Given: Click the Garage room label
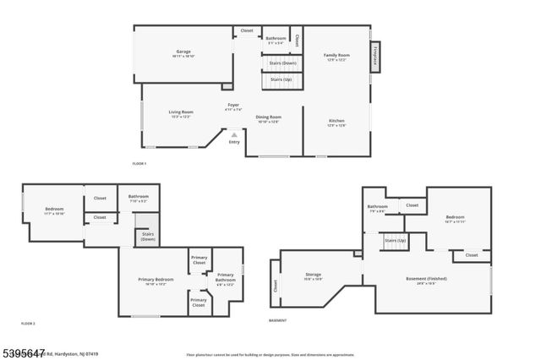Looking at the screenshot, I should pos(183,52).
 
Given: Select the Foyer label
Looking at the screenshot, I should pos(233,106).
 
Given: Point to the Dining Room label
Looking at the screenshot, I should pos(268,117).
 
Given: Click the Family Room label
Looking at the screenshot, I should pos(336,56).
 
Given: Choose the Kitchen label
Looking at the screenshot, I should pos(336,122).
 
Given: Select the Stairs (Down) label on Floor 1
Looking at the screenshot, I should pos(282,63).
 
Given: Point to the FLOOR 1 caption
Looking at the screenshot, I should pos(139,163).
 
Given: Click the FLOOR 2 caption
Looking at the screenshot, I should pos(28,324).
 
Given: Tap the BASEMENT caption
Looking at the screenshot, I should pos(277,321).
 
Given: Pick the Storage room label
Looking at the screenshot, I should pos(313,275).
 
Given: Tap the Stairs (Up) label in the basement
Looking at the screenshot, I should pos(395,241).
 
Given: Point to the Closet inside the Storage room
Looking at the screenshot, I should pos(276,286).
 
